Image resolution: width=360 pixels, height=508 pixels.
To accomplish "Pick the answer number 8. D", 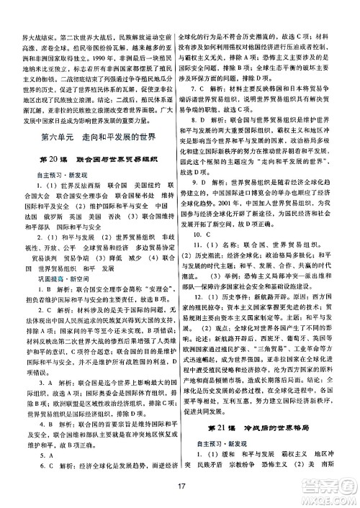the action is coord(208,119).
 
